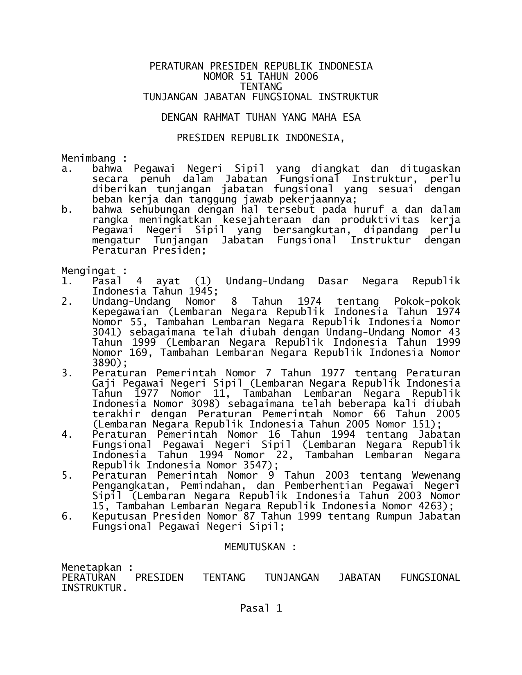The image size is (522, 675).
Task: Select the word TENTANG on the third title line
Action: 261,87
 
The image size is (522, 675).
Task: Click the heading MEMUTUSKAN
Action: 255,547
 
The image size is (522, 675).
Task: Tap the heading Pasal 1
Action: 261,608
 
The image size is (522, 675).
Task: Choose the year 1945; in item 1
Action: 201,291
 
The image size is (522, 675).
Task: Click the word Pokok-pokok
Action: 427,301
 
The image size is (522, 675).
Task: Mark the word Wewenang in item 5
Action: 436,475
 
